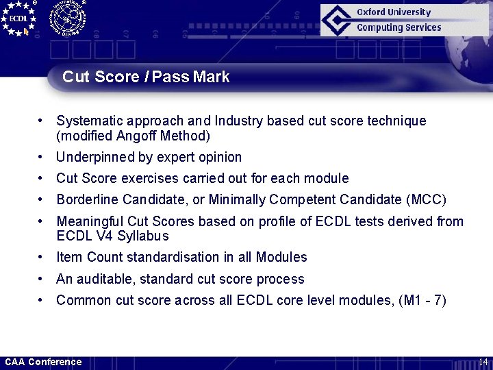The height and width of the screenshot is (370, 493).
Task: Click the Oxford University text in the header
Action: coord(394,12)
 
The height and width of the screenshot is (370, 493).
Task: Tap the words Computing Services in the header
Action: coord(399,27)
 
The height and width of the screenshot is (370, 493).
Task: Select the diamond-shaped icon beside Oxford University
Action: coord(338,20)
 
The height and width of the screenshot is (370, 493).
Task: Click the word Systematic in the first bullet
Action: coord(88,121)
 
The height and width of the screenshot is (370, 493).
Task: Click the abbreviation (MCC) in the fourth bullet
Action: coord(426,200)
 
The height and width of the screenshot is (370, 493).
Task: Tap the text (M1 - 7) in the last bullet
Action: coord(422,301)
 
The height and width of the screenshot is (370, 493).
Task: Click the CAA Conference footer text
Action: coord(43,362)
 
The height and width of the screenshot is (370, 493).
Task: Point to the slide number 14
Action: coord(483,362)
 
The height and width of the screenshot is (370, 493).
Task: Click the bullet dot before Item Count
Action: coord(42,258)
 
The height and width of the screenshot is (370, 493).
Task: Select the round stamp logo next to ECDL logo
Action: coord(67,18)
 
